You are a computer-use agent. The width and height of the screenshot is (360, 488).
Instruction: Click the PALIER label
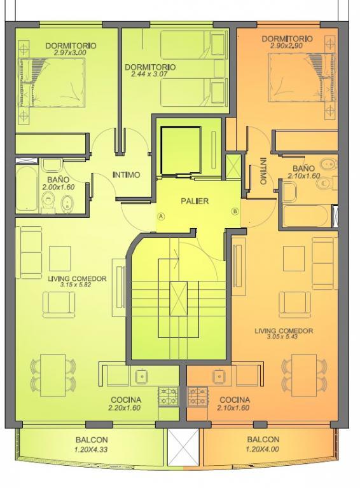195,201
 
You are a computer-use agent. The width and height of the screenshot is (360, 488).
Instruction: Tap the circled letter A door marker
161,216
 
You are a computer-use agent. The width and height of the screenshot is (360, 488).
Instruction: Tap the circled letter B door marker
235,212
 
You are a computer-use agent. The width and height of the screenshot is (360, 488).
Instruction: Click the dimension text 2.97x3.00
70,53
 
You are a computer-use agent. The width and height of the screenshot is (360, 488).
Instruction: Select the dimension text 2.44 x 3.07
149,74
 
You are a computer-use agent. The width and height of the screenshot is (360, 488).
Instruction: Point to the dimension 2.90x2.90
286,46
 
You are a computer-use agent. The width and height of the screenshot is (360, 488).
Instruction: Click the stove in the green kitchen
169,396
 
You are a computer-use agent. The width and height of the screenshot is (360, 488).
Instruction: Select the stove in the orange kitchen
198,396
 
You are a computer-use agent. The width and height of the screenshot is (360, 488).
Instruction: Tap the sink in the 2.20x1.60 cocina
142,376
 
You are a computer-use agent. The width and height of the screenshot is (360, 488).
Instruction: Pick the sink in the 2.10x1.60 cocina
219,376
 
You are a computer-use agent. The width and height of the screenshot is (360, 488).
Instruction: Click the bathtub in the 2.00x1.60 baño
27,189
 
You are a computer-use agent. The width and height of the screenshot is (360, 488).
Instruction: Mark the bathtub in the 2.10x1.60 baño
305,215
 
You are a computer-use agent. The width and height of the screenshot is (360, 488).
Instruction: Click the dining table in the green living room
53,375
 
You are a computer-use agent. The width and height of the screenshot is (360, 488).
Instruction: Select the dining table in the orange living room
304,375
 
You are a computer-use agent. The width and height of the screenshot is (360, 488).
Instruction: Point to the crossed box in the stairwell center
179,299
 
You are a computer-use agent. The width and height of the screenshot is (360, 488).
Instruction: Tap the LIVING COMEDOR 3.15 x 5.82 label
77,281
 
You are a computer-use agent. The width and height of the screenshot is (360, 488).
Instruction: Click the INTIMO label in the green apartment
126,175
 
